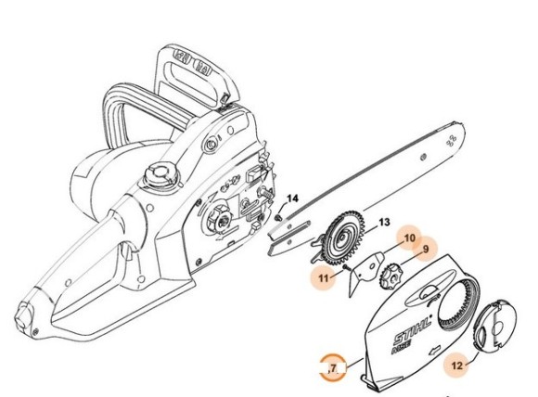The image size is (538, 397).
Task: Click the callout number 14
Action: (x=292, y=198)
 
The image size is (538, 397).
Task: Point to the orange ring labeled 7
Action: (x=331, y=367)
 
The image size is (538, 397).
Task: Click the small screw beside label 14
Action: (x=278, y=216)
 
